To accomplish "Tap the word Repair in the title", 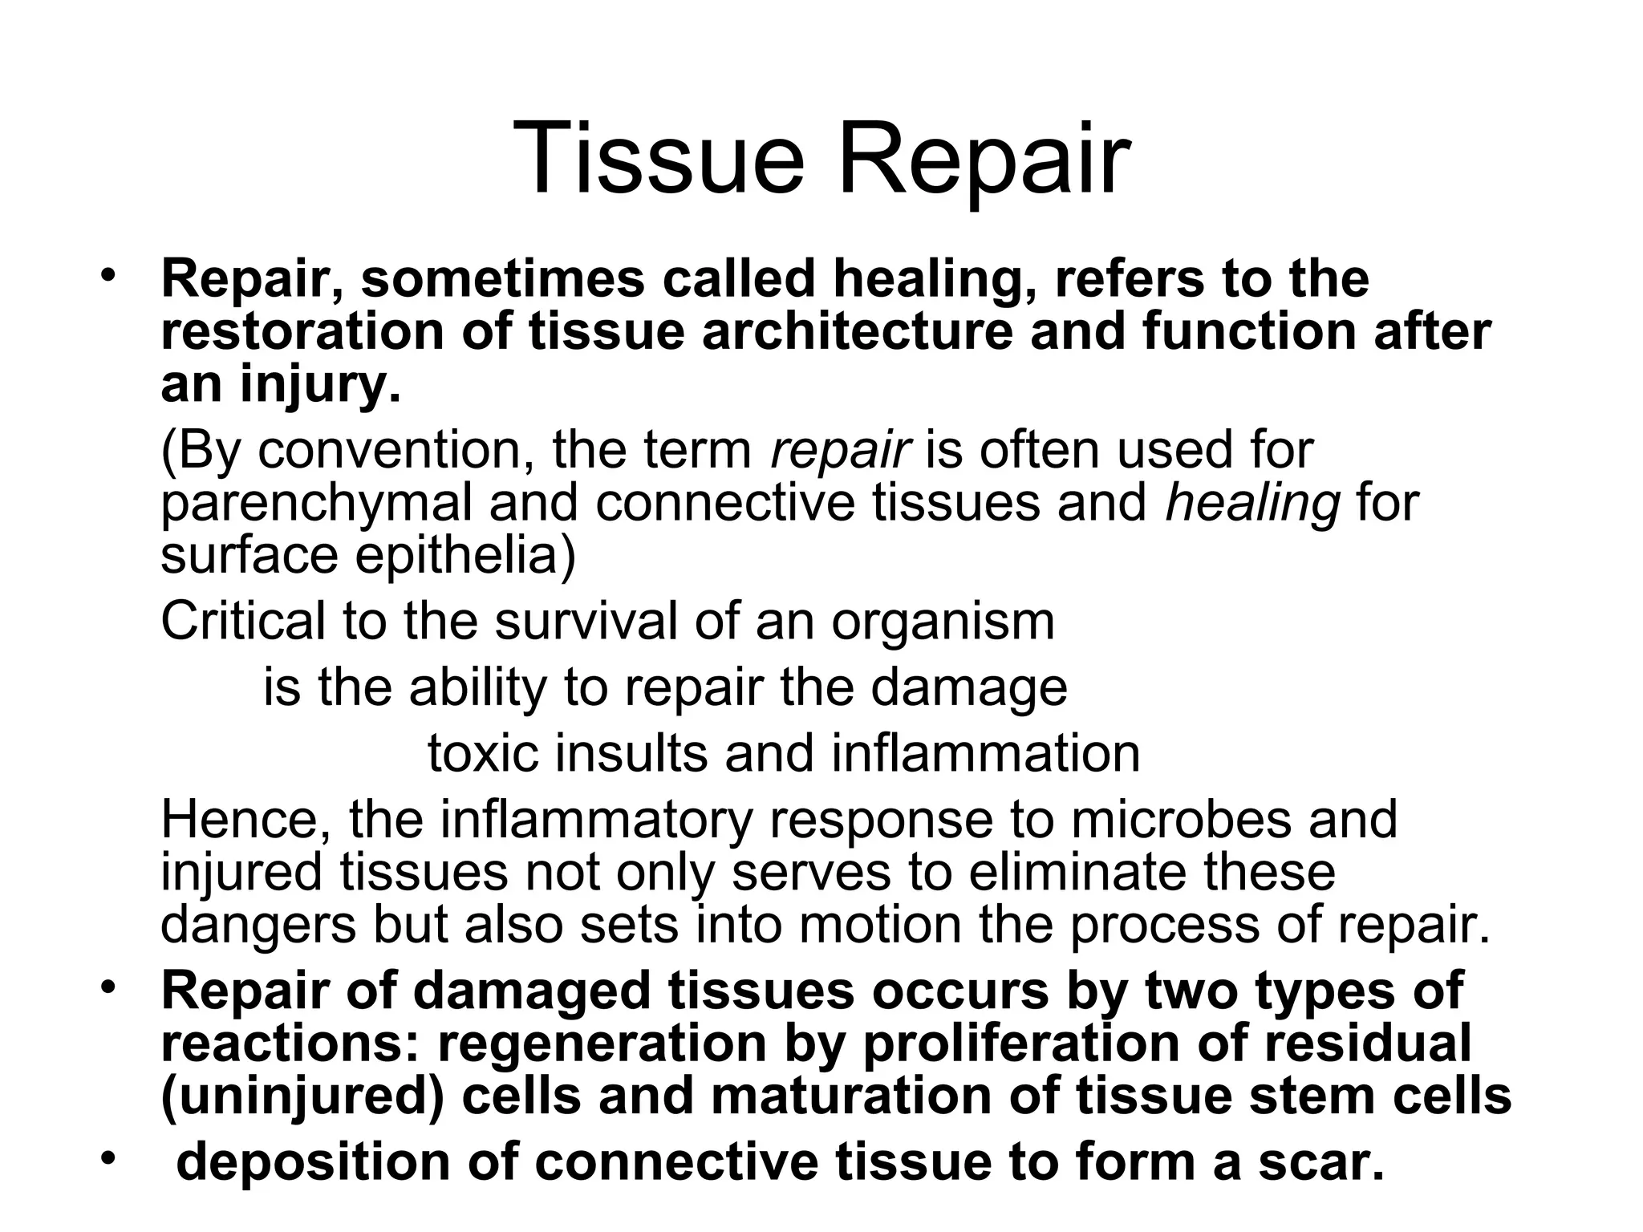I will point(984,160).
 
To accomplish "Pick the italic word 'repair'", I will point(839,452).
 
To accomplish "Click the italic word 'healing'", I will point(1252,504).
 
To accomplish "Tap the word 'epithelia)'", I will point(465,556).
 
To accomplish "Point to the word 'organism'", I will point(943,622).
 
